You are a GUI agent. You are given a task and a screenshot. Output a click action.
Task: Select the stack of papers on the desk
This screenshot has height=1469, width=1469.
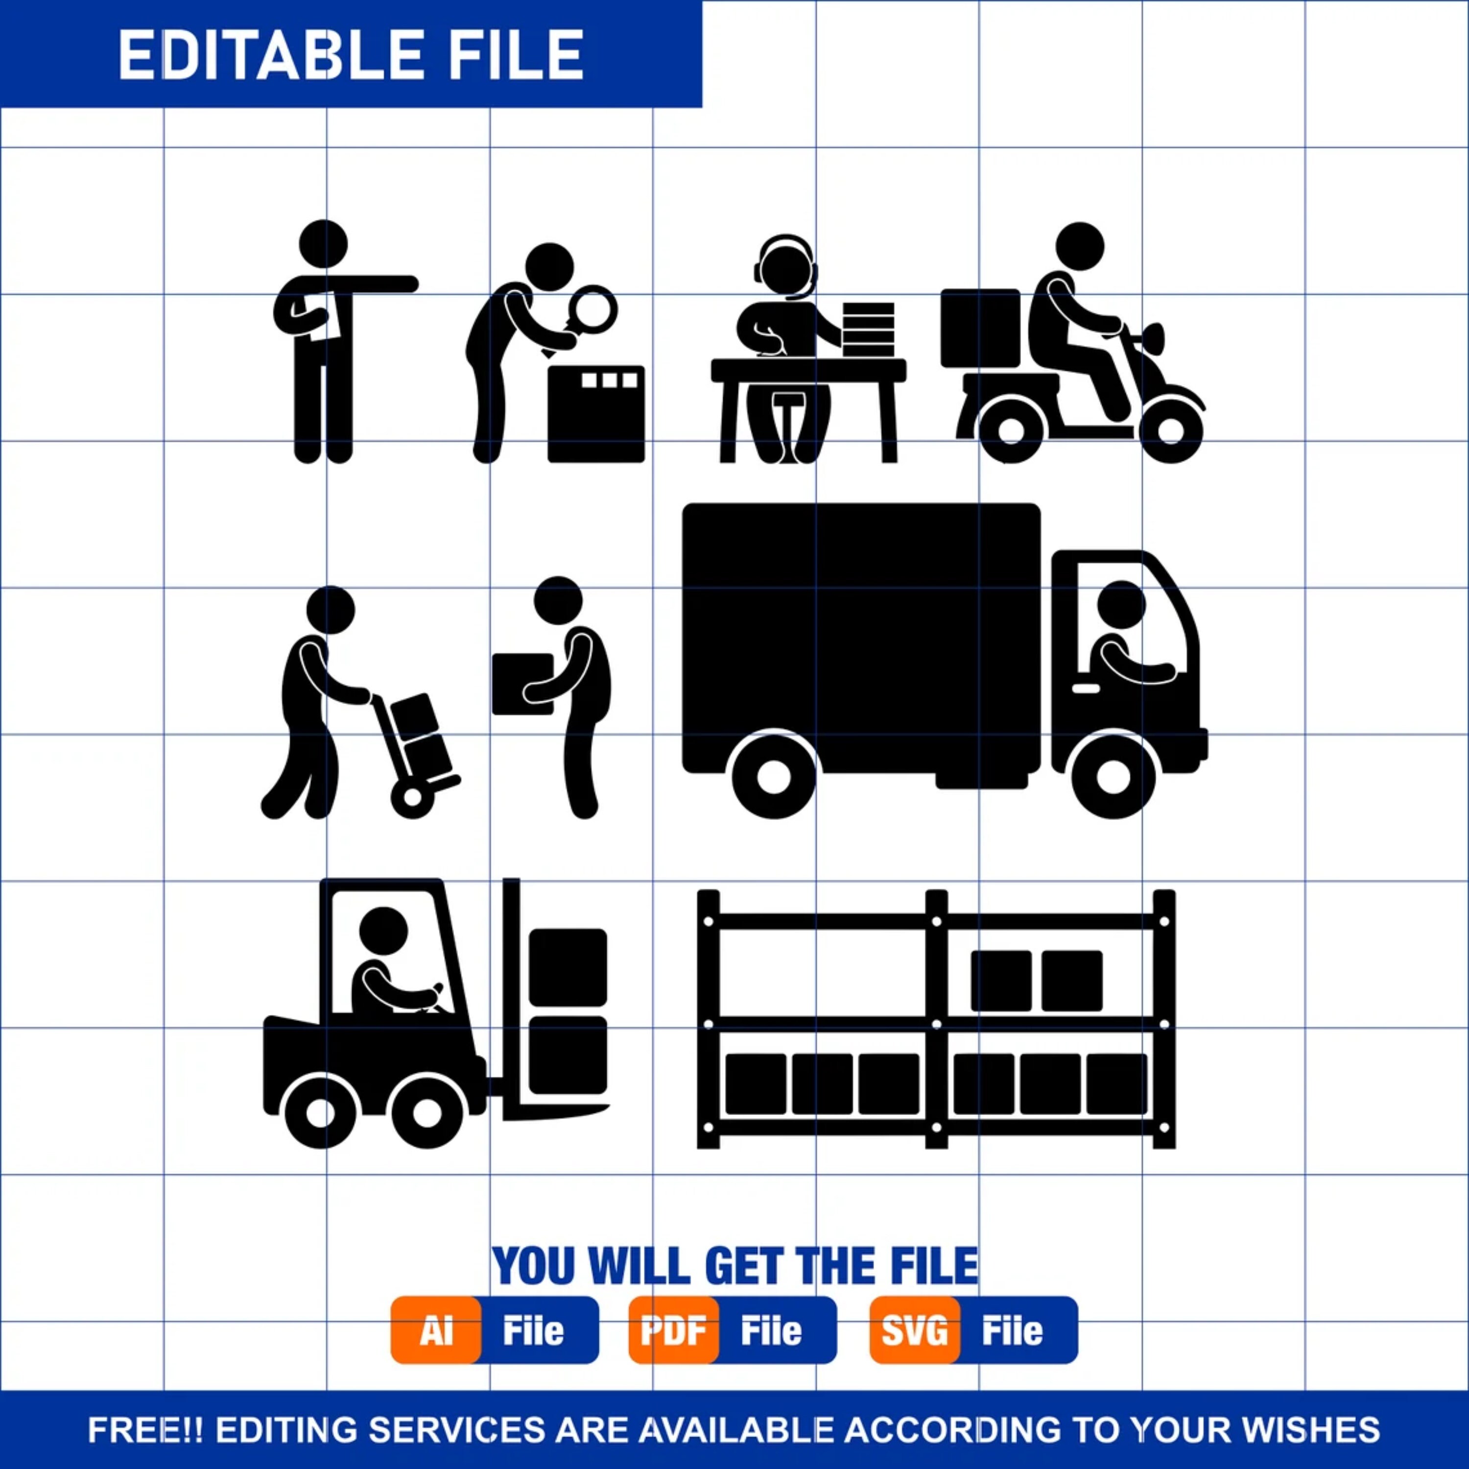click(868, 329)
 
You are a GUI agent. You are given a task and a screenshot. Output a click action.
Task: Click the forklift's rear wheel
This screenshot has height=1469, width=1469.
click(320, 1114)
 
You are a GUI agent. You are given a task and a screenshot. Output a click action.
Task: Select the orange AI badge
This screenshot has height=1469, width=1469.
click(436, 1330)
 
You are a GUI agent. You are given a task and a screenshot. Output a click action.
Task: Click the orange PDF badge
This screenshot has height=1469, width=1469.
click(673, 1330)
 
